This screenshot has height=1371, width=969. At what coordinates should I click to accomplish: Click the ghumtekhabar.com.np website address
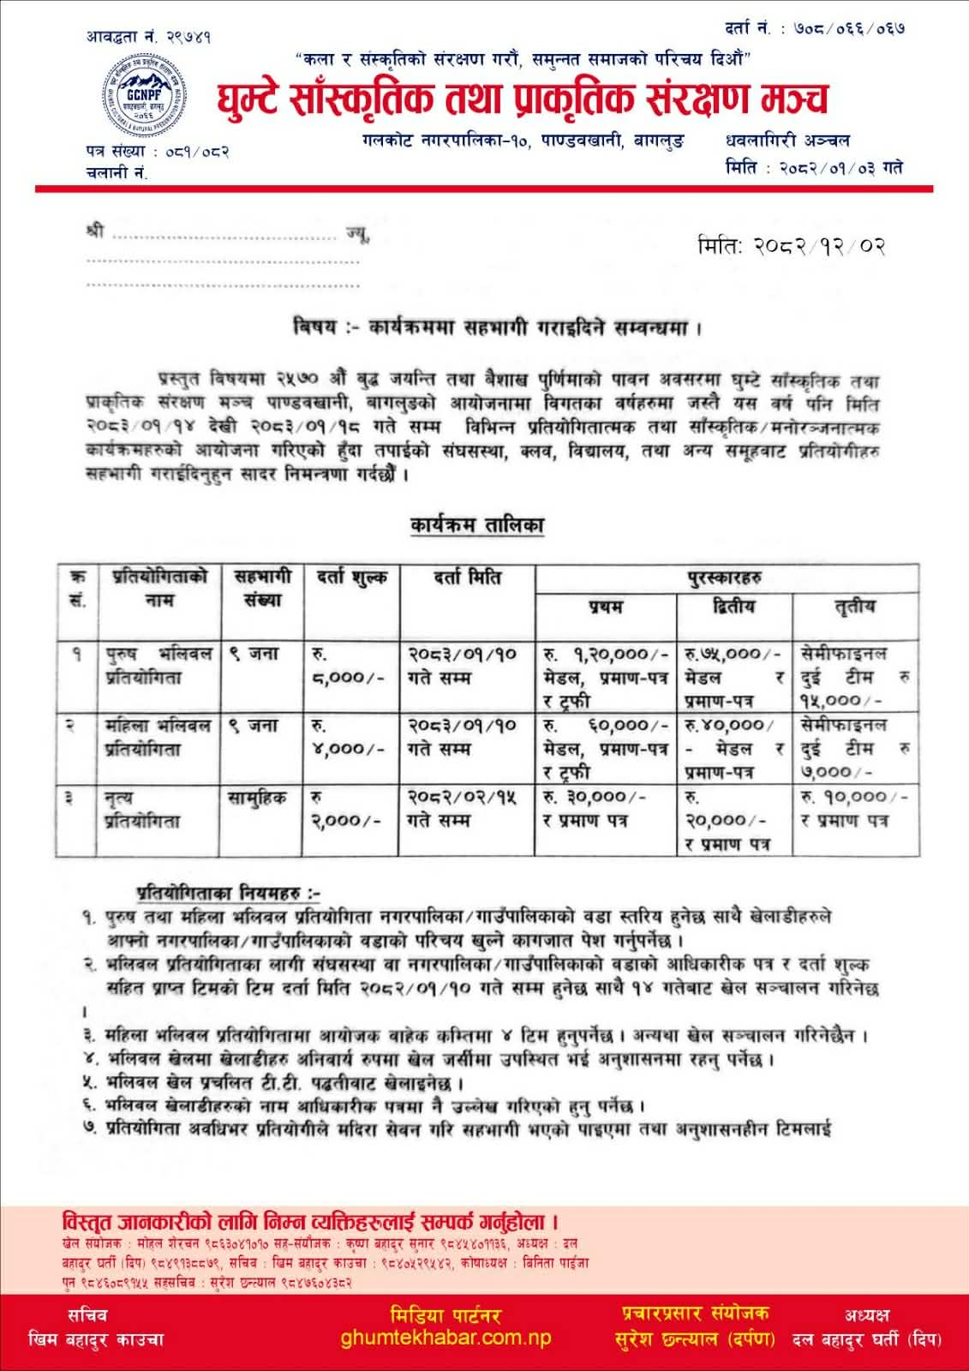[446, 1338]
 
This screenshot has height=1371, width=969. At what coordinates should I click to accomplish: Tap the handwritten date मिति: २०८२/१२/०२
[790, 247]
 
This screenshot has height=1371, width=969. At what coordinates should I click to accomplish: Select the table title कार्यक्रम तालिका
[476, 525]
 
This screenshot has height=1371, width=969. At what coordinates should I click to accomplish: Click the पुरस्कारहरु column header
[727, 578]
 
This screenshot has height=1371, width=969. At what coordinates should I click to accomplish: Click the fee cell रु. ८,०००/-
[351, 667]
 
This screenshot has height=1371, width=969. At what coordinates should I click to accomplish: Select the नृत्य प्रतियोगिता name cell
[141, 809]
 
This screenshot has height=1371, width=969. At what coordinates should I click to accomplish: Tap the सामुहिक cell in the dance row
[257, 798]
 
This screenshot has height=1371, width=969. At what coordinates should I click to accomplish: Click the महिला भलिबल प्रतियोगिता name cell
[158, 737]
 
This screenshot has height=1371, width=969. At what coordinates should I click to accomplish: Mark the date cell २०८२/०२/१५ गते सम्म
[463, 808]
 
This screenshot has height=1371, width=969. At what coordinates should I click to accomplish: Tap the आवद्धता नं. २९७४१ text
[148, 36]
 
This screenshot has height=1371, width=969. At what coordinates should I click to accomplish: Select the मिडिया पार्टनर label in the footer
[445, 1314]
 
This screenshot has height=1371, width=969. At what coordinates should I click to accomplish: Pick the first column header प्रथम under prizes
[606, 607]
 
